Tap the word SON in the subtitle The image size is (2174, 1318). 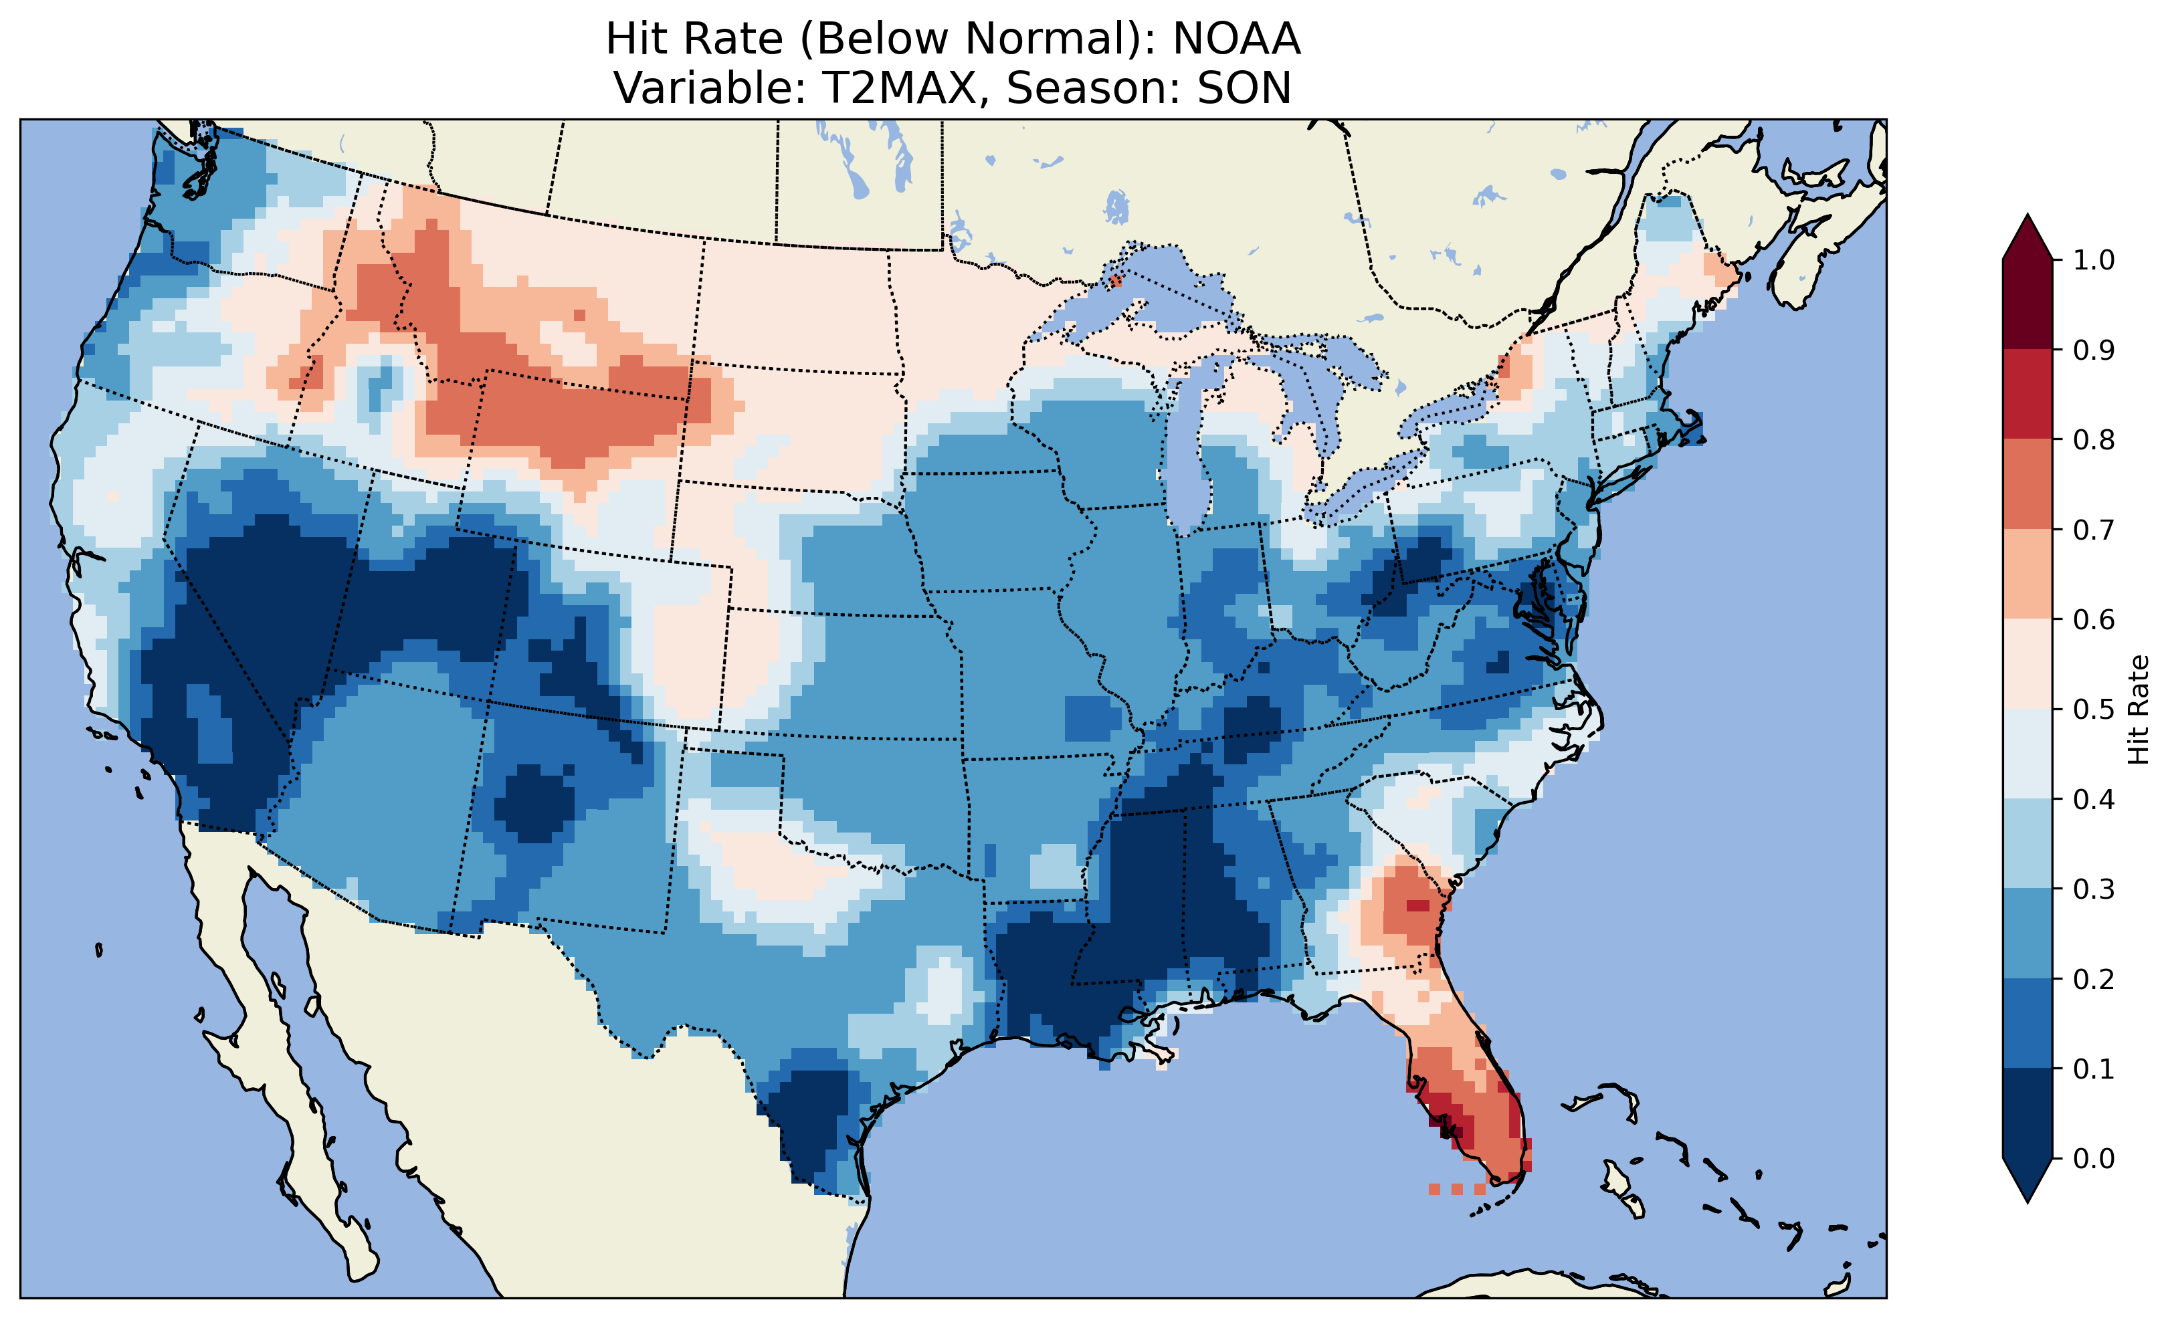click(x=1244, y=88)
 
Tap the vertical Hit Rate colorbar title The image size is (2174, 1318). click(x=2139, y=709)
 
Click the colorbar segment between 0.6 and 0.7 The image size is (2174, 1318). click(x=2028, y=574)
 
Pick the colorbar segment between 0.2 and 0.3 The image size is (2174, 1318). click(x=2028, y=933)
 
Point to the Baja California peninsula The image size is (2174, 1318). click(x=274, y=1041)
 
